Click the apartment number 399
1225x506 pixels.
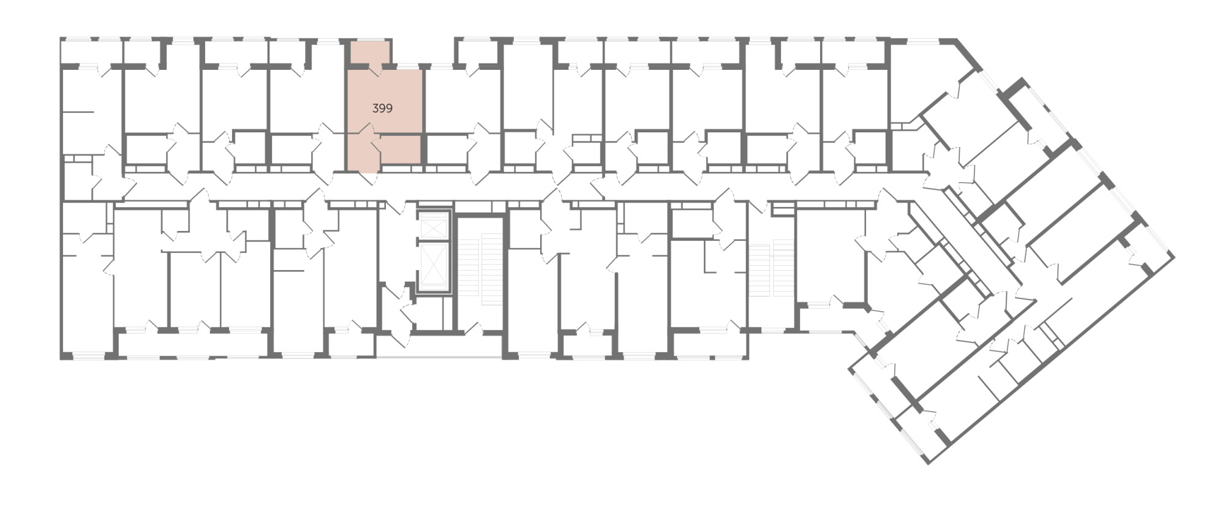coord(382,108)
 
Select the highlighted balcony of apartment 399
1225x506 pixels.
coord(369,53)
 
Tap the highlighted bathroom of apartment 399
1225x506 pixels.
coord(400,150)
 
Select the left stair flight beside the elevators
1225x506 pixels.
coord(468,268)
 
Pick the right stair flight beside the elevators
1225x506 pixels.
coord(491,269)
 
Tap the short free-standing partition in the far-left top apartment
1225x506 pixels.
coord(78,112)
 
